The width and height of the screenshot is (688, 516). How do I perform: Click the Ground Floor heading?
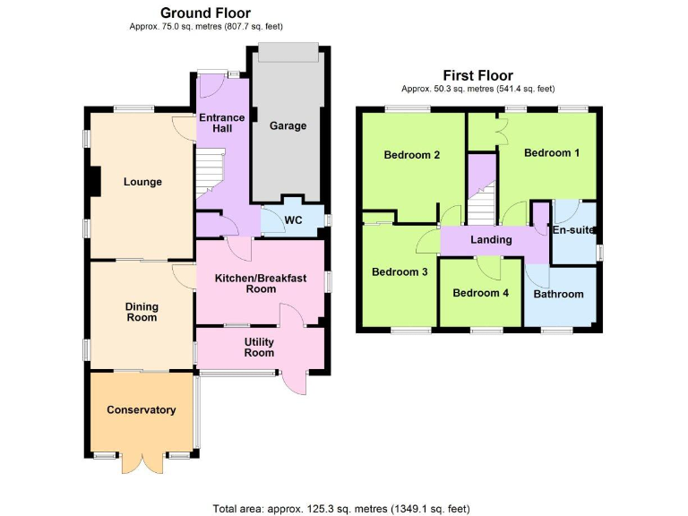[205, 13]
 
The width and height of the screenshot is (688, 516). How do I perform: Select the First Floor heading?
[477, 75]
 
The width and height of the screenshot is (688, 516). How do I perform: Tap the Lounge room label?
[143, 182]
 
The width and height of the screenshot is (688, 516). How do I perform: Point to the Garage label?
[288, 126]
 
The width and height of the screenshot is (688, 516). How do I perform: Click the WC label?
[294, 220]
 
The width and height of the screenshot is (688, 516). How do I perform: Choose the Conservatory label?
[142, 410]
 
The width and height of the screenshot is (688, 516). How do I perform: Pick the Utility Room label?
[260, 348]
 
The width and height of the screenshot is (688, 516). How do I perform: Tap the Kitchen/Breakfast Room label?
[260, 284]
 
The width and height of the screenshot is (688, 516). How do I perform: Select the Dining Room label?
[142, 312]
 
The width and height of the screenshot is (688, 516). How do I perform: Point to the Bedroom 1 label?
[552, 153]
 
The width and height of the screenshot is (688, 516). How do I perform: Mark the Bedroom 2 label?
[411, 155]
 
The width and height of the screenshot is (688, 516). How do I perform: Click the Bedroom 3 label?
[400, 272]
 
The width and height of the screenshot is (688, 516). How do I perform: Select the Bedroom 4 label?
[480, 293]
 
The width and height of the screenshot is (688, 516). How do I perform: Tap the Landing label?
[491, 240]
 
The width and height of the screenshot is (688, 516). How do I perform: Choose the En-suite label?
[573, 231]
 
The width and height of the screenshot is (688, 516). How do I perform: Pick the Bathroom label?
[558, 294]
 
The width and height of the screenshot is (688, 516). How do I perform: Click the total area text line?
[341, 509]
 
